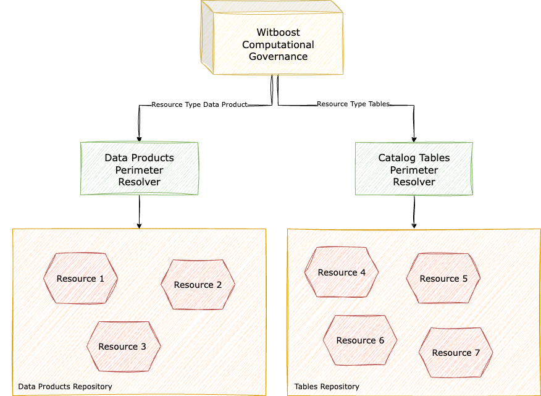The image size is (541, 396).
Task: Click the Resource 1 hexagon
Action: coord(80,279)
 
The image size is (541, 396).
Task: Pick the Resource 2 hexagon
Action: coord(198,285)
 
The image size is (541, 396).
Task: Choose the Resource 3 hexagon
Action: coord(123,347)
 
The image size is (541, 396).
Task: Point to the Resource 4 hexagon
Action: coord(342,272)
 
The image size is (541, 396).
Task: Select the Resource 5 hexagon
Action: coord(443,279)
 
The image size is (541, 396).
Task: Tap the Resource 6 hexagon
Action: coord(360,340)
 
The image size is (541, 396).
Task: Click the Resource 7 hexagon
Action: coord(456,353)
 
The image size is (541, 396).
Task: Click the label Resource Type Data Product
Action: coord(199,104)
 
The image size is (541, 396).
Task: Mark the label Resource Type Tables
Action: coord(353,104)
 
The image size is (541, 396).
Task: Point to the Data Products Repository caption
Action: coord(65,386)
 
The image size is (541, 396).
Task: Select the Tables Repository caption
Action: coord(326,386)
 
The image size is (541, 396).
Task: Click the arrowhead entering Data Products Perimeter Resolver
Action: coord(140,138)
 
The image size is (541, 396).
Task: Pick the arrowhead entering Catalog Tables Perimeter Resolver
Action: coord(414,138)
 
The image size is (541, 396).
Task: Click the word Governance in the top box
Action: coord(278,56)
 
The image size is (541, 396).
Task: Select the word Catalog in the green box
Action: coord(395,158)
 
